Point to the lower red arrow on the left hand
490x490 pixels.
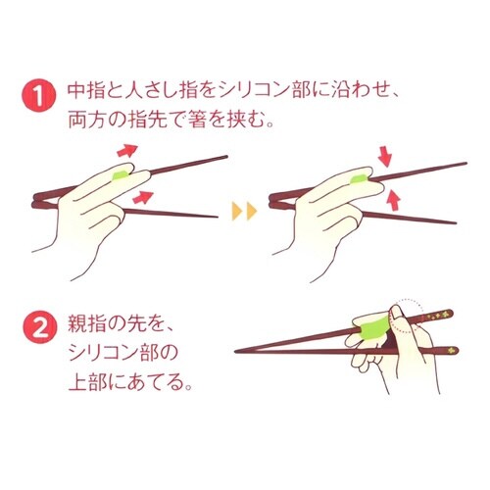(x=140, y=199)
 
